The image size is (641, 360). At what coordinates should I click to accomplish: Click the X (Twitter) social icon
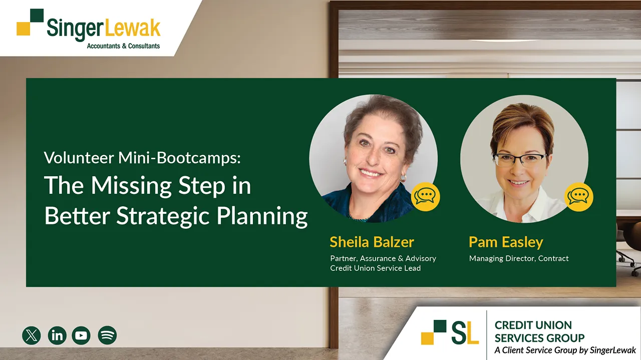pos(32,335)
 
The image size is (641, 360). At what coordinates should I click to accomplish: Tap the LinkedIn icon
pos(57,335)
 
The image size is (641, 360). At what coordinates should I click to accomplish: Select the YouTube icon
pos(81,335)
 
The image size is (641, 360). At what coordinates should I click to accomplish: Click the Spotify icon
pos(107,335)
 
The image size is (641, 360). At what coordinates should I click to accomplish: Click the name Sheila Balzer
pos(372,242)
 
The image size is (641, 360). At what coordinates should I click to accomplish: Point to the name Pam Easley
pos(506,243)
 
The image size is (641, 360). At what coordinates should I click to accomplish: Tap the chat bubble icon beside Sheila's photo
pos(426,197)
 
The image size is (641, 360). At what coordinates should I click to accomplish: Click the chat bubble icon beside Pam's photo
pos(578,197)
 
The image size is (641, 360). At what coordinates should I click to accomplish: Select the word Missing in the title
pos(131,186)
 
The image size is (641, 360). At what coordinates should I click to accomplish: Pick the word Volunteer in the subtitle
pos(79,158)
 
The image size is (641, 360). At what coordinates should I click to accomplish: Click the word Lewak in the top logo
pos(132,29)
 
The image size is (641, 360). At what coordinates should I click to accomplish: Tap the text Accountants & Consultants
pos(123,46)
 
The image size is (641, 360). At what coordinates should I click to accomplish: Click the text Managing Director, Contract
pos(519,259)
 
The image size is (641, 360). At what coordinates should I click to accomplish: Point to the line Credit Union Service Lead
pos(376,268)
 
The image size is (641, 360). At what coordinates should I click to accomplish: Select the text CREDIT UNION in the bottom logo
pos(533,325)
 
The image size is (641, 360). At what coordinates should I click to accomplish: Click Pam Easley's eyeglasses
pos(520,160)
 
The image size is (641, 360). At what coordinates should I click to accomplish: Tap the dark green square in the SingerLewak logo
pos(37,15)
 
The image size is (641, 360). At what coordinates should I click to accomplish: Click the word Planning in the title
pos(262,217)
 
